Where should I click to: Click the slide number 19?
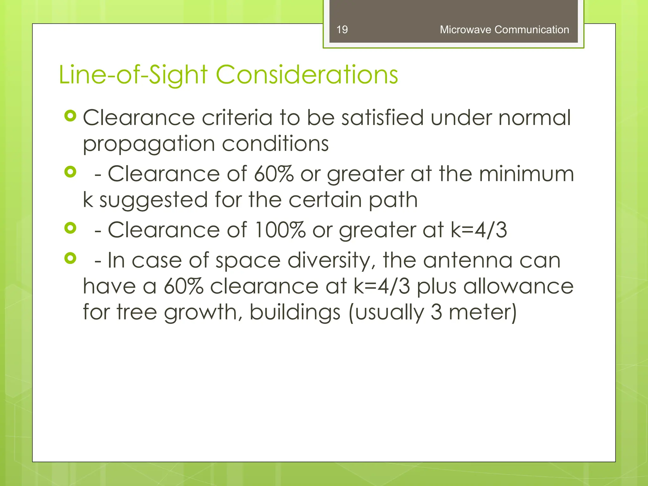(342, 30)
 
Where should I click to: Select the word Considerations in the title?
(307, 75)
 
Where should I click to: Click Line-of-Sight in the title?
(133, 75)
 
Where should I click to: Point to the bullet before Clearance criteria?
(70, 116)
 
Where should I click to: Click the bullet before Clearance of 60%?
(70, 172)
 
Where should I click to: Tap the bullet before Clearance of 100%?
(70, 228)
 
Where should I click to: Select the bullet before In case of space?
(70, 259)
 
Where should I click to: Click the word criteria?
(237, 118)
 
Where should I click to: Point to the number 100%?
(280, 230)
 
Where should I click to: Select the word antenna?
(468, 261)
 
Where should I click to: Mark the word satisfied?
(382, 118)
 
